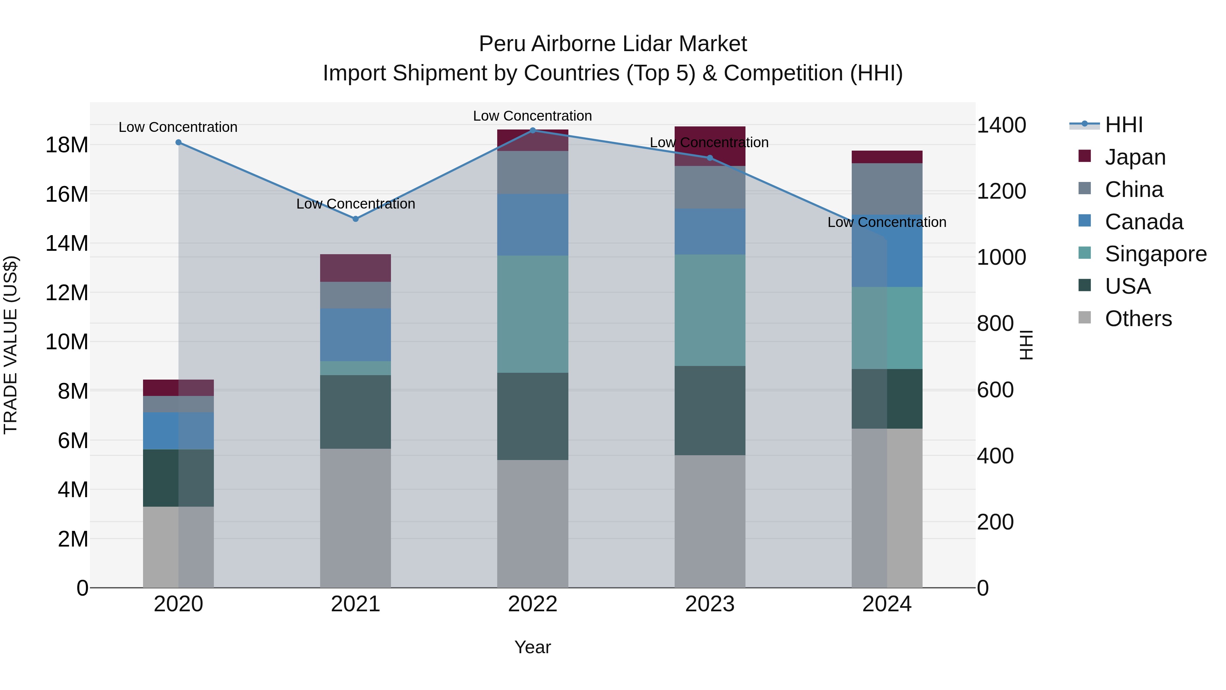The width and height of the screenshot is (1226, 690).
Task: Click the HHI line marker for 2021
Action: (356, 219)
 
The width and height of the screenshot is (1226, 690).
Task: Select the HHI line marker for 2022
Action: (533, 131)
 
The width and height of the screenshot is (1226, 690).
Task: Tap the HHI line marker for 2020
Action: (178, 142)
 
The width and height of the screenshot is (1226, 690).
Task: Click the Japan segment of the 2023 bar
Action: (710, 146)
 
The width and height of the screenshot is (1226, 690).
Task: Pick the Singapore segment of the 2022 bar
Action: (533, 314)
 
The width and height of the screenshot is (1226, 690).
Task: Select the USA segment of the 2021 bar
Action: (356, 412)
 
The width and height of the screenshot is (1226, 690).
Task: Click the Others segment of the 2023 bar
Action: (710, 521)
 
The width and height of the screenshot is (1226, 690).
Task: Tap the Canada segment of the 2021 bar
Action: (356, 335)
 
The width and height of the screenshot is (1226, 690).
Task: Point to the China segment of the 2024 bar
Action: (887, 189)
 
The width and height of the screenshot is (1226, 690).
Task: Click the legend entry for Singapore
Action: (1156, 254)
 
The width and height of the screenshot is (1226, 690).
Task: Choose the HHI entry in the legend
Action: (1123, 125)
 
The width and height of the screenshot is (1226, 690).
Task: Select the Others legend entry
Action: (1138, 319)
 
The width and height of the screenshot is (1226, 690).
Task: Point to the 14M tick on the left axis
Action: (67, 243)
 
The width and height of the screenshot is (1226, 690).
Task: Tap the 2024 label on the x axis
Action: (887, 604)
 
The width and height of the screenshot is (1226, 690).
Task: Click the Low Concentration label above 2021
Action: (356, 204)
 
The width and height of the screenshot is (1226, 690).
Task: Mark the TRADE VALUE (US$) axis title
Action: (11, 345)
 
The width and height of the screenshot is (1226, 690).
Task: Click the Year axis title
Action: (533, 647)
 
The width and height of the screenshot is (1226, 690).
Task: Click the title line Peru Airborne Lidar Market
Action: (613, 44)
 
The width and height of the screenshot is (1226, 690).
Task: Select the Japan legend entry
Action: (1135, 157)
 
